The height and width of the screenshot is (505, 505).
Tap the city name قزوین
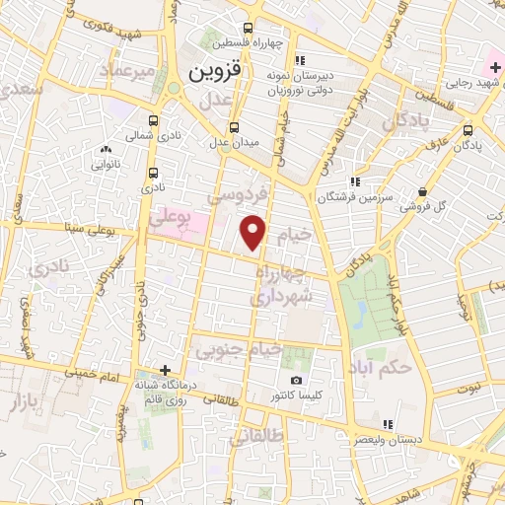[x=215, y=72]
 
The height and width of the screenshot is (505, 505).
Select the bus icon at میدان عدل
[x=235, y=127]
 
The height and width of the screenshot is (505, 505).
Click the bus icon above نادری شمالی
[x=132, y=116]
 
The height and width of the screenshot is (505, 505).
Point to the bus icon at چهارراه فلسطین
[x=247, y=29]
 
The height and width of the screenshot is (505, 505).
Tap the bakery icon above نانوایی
[x=105, y=149]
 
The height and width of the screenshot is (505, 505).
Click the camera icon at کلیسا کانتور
[x=296, y=381]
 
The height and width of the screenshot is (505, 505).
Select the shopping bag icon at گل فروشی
[x=423, y=192]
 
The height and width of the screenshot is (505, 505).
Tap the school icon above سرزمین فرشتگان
[x=355, y=181]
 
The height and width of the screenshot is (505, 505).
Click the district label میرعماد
[x=133, y=73]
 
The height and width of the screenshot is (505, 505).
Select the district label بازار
[x=29, y=402]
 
